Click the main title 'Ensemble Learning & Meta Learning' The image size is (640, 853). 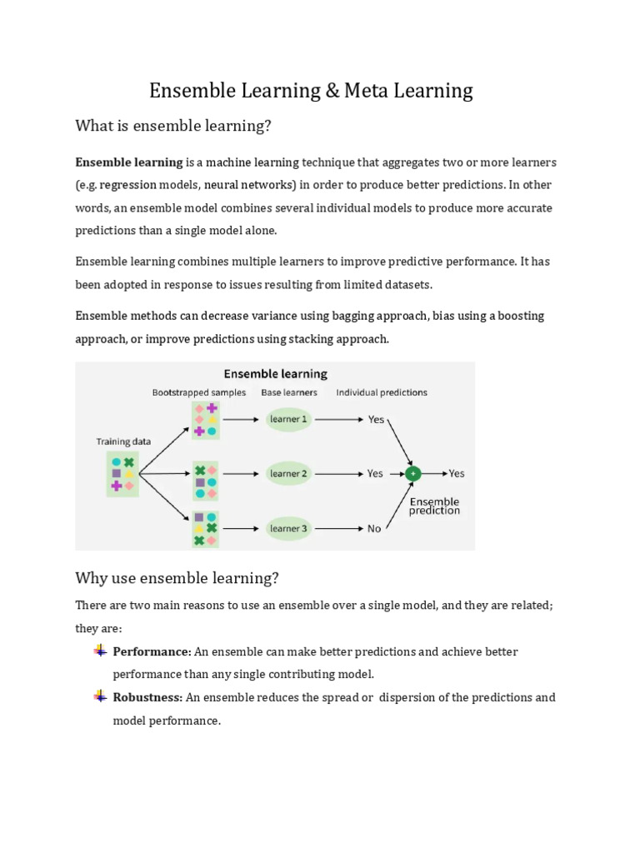tap(311, 90)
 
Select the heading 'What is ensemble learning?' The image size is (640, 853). tap(174, 126)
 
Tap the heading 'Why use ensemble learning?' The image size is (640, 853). tap(177, 577)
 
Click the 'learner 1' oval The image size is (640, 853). tap(288, 419)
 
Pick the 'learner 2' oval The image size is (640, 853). tap(288, 473)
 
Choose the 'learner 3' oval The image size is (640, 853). tap(288, 528)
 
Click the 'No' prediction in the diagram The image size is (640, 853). tap(374, 528)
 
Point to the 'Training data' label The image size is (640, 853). tap(123, 442)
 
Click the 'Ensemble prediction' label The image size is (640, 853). tap(434, 506)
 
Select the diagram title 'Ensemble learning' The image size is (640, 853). tap(275, 374)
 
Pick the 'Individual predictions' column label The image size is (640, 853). tap(382, 392)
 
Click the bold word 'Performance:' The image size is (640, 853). tap(152, 651)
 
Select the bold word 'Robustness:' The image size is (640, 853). tap(147, 697)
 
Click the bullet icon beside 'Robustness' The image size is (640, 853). tap(100, 696)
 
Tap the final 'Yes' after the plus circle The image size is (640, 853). tap(457, 473)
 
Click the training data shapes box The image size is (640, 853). tap(122, 473)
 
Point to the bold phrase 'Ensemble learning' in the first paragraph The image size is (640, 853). tap(129, 162)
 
